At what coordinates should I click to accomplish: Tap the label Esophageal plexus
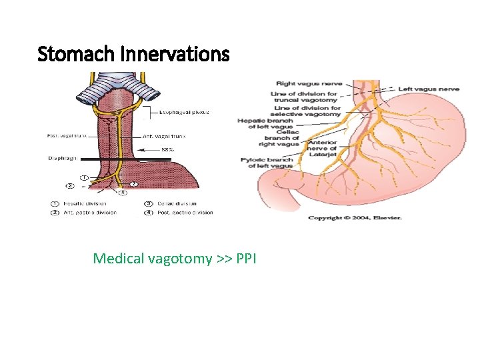(x=184, y=112)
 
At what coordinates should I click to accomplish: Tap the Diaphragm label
(x=61, y=159)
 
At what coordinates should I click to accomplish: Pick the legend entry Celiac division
(x=175, y=203)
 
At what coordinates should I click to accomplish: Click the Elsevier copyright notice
(x=355, y=218)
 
